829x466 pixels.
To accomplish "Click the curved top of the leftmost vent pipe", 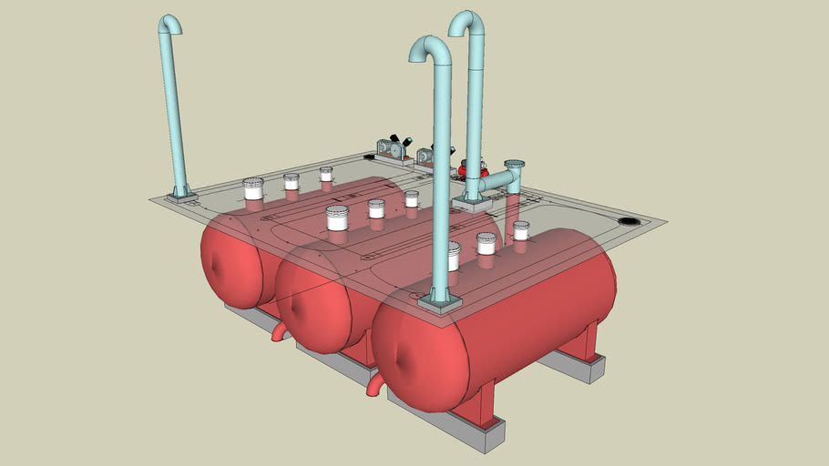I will click(169, 22).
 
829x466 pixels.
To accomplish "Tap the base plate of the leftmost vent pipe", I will click(181, 195).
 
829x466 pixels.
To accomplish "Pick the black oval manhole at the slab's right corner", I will click(629, 221).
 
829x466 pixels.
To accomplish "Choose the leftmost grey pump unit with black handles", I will click(393, 148).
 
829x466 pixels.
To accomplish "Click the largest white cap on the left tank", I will click(253, 188).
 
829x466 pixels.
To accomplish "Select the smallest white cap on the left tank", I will click(326, 173).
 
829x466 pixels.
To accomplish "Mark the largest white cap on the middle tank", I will click(337, 218).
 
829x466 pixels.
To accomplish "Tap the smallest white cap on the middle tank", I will click(412, 198).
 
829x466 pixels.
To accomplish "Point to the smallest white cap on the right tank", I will click(521, 229).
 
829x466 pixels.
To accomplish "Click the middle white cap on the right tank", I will click(486, 243).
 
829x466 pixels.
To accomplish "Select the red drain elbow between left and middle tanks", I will click(279, 332).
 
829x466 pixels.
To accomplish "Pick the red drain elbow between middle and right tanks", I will click(374, 386).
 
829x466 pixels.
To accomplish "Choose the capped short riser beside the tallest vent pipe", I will click(514, 173).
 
